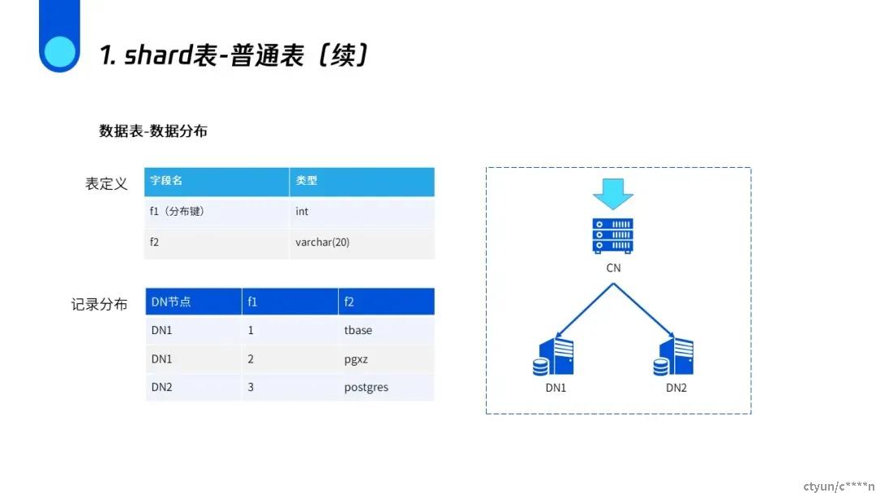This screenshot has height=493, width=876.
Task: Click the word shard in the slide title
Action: click(x=158, y=55)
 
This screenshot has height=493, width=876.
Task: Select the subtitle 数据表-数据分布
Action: click(x=153, y=131)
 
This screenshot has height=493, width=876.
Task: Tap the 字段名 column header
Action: click(x=166, y=181)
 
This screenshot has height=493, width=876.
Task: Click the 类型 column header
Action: click(x=306, y=181)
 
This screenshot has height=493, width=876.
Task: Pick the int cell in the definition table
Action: click(x=302, y=212)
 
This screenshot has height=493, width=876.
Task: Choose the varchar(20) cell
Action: click(x=322, y=242)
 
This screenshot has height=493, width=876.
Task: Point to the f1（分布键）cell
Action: click(x=177, y=212)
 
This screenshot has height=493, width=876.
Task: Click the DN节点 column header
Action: click(x=171, y=302)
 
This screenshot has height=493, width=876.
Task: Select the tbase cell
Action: click(x=359, y=331)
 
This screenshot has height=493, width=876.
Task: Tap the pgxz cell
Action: click(x=356, y=359)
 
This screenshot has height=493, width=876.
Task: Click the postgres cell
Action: click(x=366, y=388)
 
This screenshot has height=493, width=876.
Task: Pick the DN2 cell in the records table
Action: click(x=161, y=388)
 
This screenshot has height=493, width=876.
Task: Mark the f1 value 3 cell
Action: click(x=251, y=388)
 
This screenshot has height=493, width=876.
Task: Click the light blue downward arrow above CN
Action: click(x=613, y=194)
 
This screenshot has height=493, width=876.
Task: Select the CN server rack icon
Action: click(x=613, y=236)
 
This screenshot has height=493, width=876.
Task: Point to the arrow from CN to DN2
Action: click(x=643, y=310)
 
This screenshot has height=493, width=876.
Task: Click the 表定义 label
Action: click(x=106, y=184)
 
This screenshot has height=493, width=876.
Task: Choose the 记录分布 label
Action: click(x=100, y=304)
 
